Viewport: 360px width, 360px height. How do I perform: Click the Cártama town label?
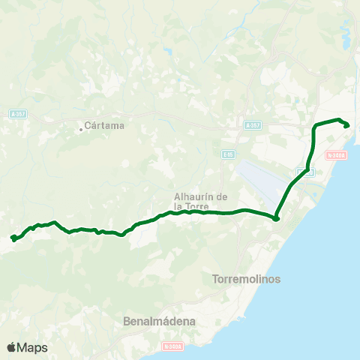coord(104,125)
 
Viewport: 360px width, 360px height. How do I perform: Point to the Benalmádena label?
coord(159,321)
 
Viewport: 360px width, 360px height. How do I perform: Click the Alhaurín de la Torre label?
coord(200,200)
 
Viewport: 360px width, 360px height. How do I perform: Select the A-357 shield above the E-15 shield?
coord(253,125)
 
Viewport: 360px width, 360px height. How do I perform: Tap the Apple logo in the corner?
coord(11,347)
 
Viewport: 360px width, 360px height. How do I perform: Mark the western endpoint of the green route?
coord(13,238)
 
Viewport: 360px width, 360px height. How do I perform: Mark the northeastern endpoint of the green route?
coord(346,125)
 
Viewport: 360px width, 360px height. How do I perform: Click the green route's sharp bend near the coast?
coord(276,218)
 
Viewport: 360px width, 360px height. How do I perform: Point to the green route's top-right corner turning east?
coord(315,124)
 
